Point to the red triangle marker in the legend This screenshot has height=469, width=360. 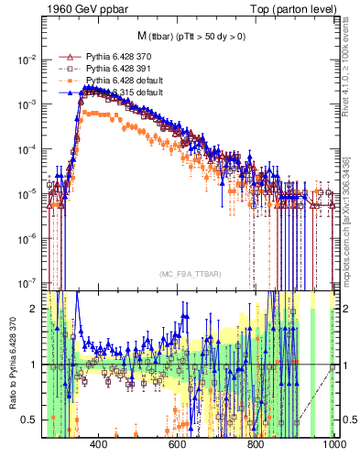click(x=66, y=57)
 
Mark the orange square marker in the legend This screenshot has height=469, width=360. click(x=66, y=81)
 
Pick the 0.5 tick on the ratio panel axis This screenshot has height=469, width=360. click(x=31, y=420)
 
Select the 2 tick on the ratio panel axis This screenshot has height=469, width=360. click(x=35, y=309)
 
